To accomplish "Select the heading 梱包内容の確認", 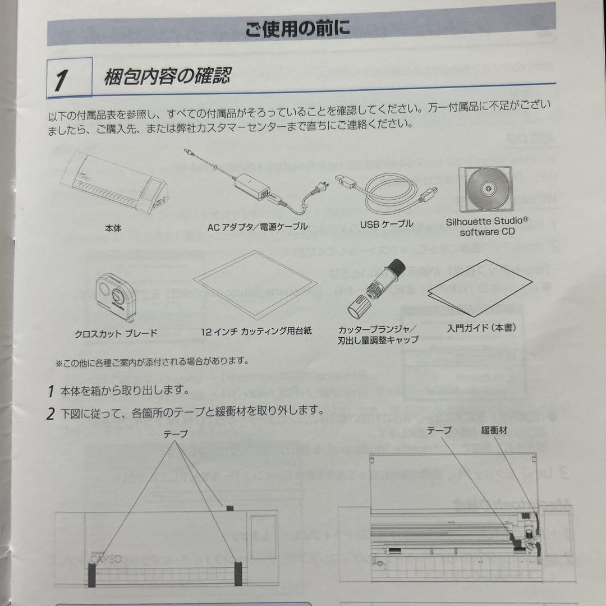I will [x=167, y=75].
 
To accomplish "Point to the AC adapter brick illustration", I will [x=253, y=185].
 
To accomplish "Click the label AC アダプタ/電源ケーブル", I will [x=258, y=227].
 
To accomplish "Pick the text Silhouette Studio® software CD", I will [x=486, y=226].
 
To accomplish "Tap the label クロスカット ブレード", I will [x=116, y=333].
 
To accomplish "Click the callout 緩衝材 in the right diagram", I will [x=494, y=431].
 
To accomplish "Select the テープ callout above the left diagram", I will [x=176, y=434].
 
